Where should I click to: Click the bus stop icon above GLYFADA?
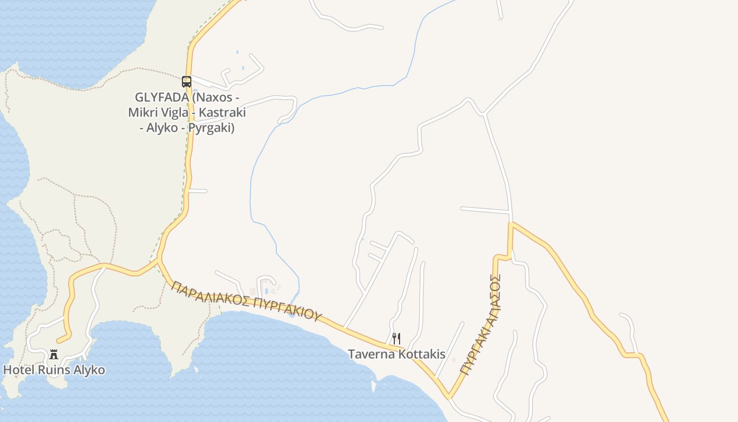187,82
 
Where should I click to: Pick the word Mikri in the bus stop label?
142,113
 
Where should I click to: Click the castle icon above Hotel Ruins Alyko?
53,354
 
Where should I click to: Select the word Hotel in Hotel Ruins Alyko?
19,370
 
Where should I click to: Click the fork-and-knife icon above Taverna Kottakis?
396,339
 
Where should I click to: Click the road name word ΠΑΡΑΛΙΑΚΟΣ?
211,295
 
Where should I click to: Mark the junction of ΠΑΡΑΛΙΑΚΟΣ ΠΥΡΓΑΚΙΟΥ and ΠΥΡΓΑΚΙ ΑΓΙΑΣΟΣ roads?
449,396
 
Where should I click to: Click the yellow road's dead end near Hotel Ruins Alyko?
59,341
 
